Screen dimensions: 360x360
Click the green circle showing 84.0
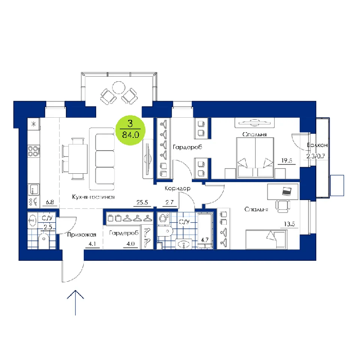[131, 130]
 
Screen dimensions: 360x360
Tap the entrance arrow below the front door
[75, 303]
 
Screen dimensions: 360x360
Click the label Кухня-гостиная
[94, 197]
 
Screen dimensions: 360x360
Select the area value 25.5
[142, 203]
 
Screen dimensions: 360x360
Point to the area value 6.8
[50, 202]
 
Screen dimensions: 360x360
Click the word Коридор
[177, 189]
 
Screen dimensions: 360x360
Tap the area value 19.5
[287, 160]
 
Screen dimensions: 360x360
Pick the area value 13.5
[289, 224]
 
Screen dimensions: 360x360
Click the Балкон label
[317, 145]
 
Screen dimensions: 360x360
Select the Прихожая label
[81, 235]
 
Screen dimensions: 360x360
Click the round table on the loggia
[119, 87]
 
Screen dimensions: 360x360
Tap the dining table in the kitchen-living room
[78, 158]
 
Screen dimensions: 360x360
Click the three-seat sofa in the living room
[102, 159]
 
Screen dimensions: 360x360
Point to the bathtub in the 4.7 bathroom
[205, 230]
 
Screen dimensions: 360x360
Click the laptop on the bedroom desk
[287, 191]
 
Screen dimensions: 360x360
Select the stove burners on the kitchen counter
[34, 151]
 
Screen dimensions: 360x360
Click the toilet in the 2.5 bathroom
[44, 241]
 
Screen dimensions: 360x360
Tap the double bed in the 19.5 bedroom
[255, 157]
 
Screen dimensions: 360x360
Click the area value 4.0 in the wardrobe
[131, 244]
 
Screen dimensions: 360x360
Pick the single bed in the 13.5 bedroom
[266, 239]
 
